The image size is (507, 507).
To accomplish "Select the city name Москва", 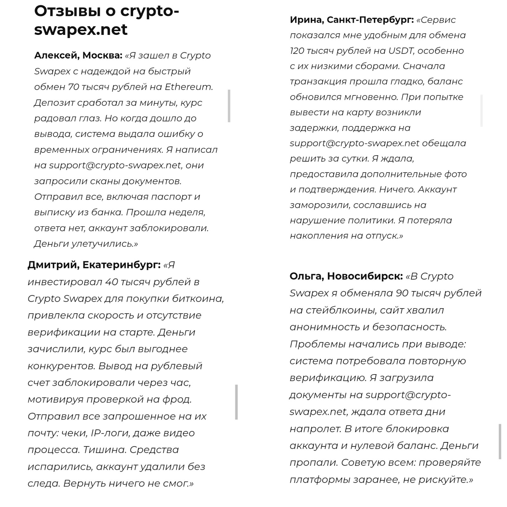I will (102, 55).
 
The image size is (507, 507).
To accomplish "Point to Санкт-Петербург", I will (370, 20).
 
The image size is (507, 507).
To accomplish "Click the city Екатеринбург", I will (121, 265).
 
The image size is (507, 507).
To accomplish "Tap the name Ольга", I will (306, 276).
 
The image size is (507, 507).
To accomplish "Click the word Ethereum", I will (189, 87).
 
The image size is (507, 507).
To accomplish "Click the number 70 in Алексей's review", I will (74, 87).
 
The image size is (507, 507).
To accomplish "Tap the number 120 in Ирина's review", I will (297, 51).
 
